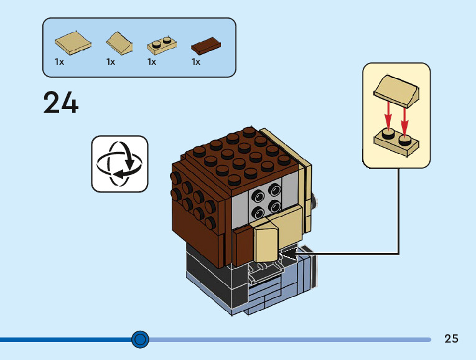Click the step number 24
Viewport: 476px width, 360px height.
pyautogui.click(x=61, y=102)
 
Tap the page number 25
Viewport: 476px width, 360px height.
pyautogui.click(x=451, y=338)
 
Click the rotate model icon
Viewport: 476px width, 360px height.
pyautogui.click(x=119, y=164)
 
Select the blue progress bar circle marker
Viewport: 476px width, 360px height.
pyautogui.click(x=140, y=339)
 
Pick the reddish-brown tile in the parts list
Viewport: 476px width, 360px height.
pyautogui.click(x=206, y=46)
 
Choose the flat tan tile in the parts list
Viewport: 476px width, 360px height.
pyautogui.click(x=73, y=43)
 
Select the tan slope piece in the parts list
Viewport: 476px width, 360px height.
pyautogui.click(x=119, y=44)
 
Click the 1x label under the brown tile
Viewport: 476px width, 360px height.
pyautogui.click(x=196, y=62)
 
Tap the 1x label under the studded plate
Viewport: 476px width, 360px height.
pyautogui.click(x=152, y=62)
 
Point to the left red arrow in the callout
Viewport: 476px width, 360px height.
pyautogui.click(x=388, y=116)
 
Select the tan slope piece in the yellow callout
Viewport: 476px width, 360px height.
pyautogui.click(x=396, y=91)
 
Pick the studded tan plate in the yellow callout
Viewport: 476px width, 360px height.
pyautogui.click(x=396, y=143)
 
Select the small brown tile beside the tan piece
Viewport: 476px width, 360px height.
pyautogui.click(x=243, y=247)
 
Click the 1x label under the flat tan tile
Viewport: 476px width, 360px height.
pyautogui.click(x=59, y=62)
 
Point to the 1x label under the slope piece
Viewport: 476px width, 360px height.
pyautogui.click(x=111, y=62)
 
